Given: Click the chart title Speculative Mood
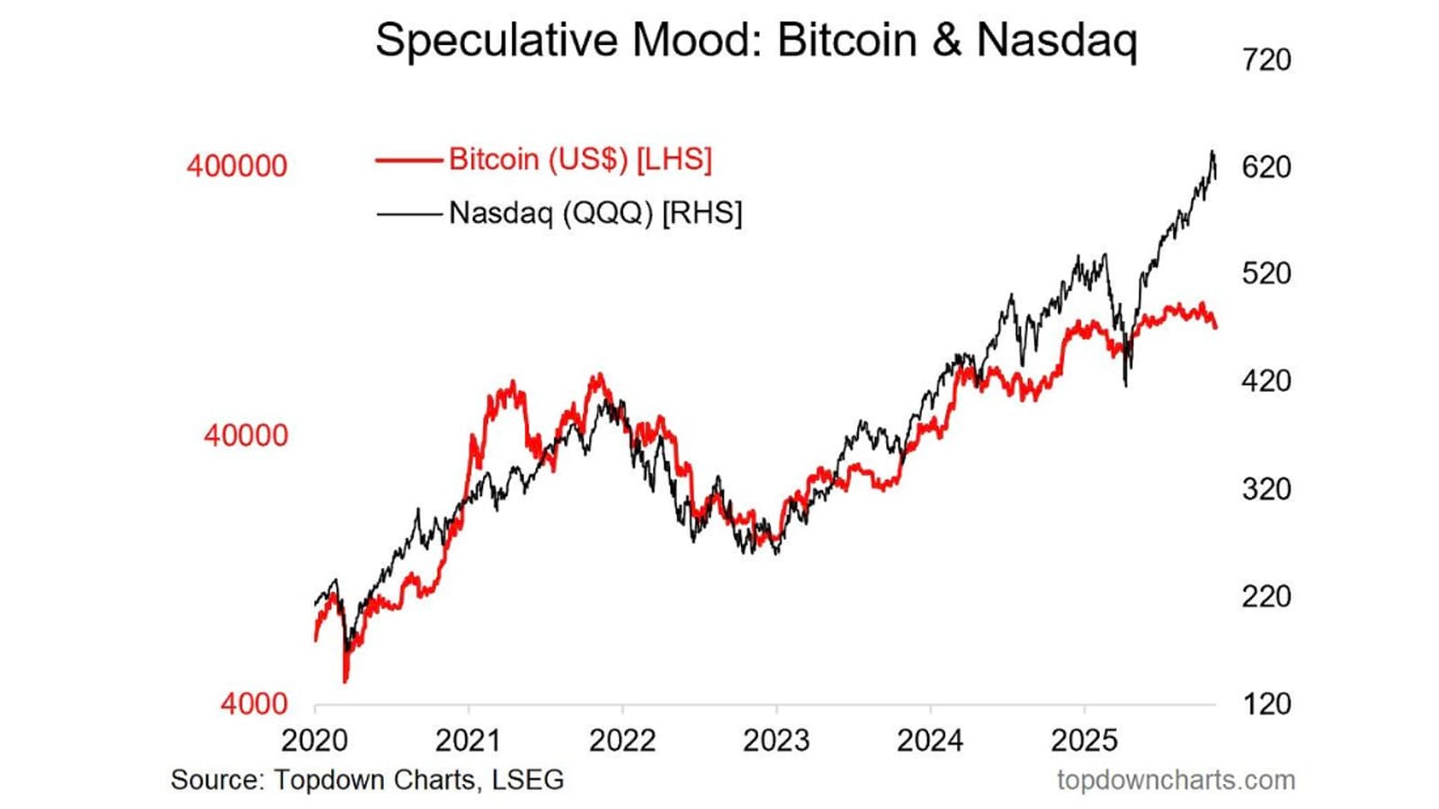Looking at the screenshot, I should point(755,40).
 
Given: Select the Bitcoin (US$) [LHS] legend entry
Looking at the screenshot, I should point(580,159).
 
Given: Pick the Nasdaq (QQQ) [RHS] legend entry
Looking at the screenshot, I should point(595,213).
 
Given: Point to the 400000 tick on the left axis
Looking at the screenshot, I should point(237,166).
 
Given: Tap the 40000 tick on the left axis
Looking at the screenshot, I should point(246,436).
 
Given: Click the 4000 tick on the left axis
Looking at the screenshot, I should point(254,704).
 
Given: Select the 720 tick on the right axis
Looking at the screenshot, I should point(1266,60).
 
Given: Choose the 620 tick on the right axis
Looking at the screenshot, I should point(1266,167).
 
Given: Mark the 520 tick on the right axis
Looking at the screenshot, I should point(1266,273).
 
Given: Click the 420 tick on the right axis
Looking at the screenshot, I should point(1266,381).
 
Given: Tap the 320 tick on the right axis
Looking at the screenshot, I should point(1266,489).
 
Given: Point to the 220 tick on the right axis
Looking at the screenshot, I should point(1266,596).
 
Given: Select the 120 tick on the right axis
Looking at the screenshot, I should point(1266,704).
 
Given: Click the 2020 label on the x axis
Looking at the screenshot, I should point(315,741).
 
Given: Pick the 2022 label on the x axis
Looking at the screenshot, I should point(622,741).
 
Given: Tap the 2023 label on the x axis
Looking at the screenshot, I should point(776,741).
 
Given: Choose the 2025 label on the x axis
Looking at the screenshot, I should point(1084,741).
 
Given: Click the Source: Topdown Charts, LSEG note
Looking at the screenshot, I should point(367,779).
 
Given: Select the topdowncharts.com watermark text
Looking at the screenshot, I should point(1175,779).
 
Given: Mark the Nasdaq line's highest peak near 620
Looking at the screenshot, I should point(1212,152).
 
